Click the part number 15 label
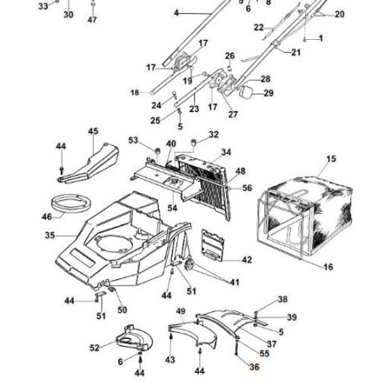[330, 160]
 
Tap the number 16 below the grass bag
[328, 268]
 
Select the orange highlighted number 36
[254, 367]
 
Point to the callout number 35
[49, 235]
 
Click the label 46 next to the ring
[47, 217]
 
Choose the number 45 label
[94, 132]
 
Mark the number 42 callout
[246, 259]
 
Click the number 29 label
[268, 93]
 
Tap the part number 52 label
[95, 347]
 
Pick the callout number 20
[339, 15]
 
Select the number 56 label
[247, 188]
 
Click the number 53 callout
[134, 140]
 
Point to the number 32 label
[214, 134]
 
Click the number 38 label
[282, 299]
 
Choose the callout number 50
[121, 310]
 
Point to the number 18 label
[134, 92]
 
